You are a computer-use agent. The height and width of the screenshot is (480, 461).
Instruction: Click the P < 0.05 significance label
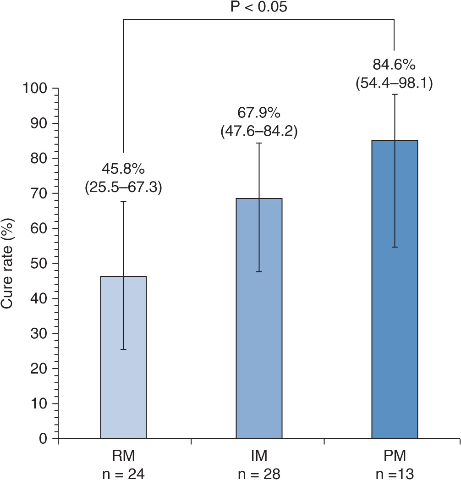[259, 8]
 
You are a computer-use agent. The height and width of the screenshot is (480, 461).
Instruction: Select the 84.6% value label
[395, 65]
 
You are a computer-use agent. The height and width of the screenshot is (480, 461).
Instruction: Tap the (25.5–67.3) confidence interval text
[123, 188]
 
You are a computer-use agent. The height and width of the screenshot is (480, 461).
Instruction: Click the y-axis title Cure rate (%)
[10, 263]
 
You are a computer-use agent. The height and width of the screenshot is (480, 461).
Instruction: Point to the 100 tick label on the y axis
[36, 88]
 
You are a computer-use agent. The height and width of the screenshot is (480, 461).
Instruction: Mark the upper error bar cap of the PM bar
[395, 94]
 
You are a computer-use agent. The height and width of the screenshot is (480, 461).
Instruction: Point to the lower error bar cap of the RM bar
[123, 349]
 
